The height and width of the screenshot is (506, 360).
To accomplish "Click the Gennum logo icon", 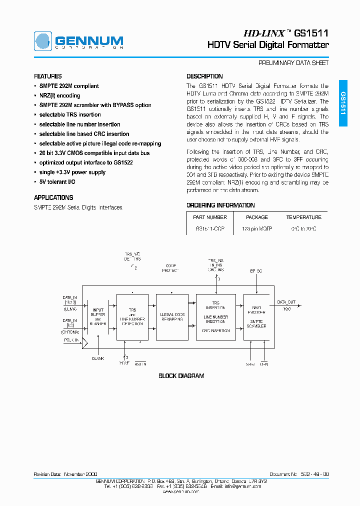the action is [42, 41].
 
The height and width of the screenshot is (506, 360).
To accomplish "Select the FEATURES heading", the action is [48, 76].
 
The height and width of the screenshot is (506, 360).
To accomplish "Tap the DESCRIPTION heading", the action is [204, 76].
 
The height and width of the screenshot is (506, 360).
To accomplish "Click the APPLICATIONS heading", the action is [53, 197].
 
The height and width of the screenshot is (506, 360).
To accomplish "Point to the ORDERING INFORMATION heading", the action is [220, 205].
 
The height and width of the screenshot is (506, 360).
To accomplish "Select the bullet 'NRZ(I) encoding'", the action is [59, 95].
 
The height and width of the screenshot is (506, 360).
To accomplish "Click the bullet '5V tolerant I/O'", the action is [57, 182].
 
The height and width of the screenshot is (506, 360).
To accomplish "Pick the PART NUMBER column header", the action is [209, 217].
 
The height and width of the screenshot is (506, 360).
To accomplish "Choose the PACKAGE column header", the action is [257, 217].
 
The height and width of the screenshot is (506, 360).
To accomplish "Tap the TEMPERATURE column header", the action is [303, 217].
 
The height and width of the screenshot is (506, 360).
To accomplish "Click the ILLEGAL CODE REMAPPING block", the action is [172, 317].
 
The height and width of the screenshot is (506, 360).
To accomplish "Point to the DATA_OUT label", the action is [286, 302].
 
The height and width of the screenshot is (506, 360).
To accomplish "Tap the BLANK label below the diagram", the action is [98, 359].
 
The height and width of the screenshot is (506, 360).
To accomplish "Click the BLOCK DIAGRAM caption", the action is [181, 376].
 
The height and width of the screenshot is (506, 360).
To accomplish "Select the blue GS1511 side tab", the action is [343, 103].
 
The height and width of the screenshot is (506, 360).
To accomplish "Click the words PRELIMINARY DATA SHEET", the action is [293, 63].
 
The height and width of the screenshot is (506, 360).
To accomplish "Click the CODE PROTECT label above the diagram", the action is [170, 267].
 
